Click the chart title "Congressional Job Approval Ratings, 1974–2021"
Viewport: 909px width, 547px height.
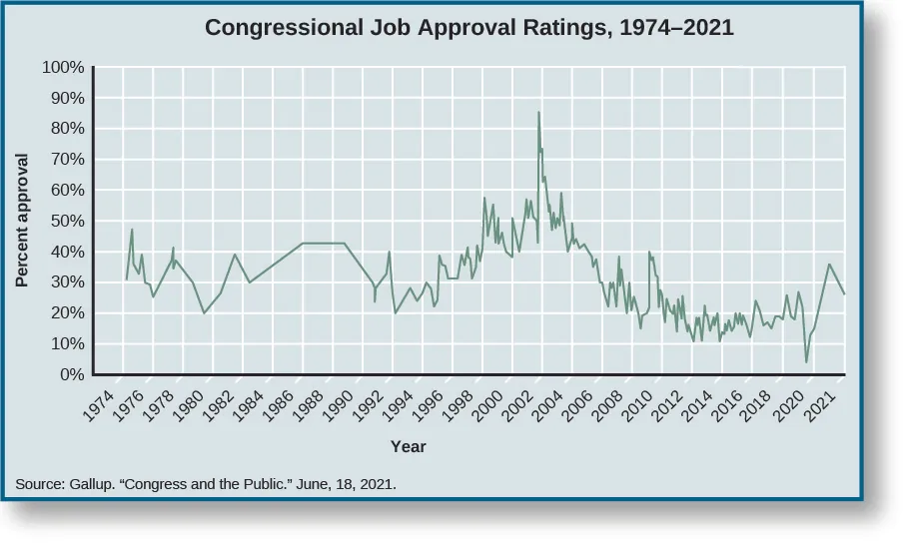tap(468, 28)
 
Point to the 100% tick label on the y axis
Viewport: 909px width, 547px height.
tap(62, 68)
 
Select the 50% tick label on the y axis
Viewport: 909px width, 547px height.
tap(66, 222)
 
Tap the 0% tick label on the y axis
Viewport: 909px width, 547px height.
tap(70, 375)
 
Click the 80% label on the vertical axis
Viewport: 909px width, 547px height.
tap(66, 129)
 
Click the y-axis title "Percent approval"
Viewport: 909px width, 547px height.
tap(22, 222)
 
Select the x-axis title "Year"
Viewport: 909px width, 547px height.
tap(408, 446)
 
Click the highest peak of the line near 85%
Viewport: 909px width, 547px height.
tap(539, 112)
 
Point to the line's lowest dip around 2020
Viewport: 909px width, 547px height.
tap(806, 361)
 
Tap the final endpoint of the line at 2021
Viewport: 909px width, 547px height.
tap(844, 293)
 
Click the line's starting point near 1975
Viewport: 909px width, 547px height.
tap(126, 279)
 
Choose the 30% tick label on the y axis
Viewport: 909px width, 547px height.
tap(66, 283)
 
